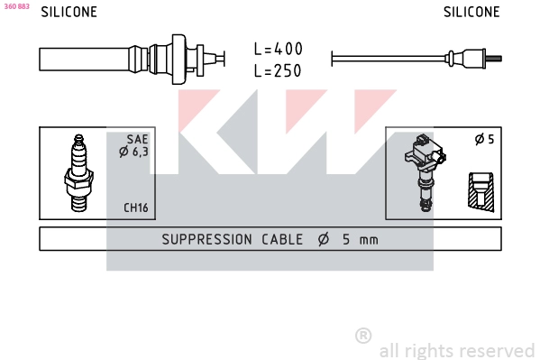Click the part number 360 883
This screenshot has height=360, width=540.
[16, 6]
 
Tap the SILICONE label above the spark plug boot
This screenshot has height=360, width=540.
[69, 12]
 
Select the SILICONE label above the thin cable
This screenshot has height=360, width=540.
[471, 12]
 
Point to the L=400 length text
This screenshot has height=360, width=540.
[278, 49]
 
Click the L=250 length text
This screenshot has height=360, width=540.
[278, 70]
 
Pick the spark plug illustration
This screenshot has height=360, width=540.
[78, 173]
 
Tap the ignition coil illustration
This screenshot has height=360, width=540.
[426, 172]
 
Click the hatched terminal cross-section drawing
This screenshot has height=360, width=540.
[481, 191]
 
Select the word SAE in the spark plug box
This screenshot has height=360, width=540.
[137, 139]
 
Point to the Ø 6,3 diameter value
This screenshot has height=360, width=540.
[133, 152]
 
